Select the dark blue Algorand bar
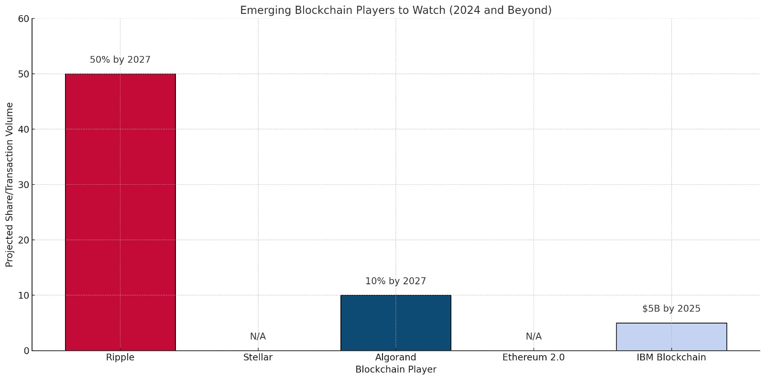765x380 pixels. (x=395, y=323)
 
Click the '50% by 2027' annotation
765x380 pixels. (x=120, y=60)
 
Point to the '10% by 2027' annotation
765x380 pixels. (x=395, y=281)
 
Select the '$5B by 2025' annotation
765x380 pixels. (x=671, y=309)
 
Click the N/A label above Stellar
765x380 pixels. (x=258, y=336)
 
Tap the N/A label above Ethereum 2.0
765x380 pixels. (x=533, y=336)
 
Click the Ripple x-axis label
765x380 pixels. (x=120, y=358)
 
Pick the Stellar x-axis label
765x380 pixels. (x=258, y=358)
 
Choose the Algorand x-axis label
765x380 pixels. (x=395, y=358)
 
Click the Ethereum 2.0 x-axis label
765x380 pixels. (x=533, y=358)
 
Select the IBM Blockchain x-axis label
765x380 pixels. (x=671, y=358)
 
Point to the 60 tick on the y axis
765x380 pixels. (x=23, y=19)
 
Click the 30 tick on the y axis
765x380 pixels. (x=23, y=185)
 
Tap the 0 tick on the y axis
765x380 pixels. (x=26, y=351)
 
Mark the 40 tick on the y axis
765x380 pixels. (x=23, y=129)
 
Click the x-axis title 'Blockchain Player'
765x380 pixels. (x=395, y=369)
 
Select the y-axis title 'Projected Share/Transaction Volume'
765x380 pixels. (x=10, y=184)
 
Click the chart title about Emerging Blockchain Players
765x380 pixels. (x=395, y=10)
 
